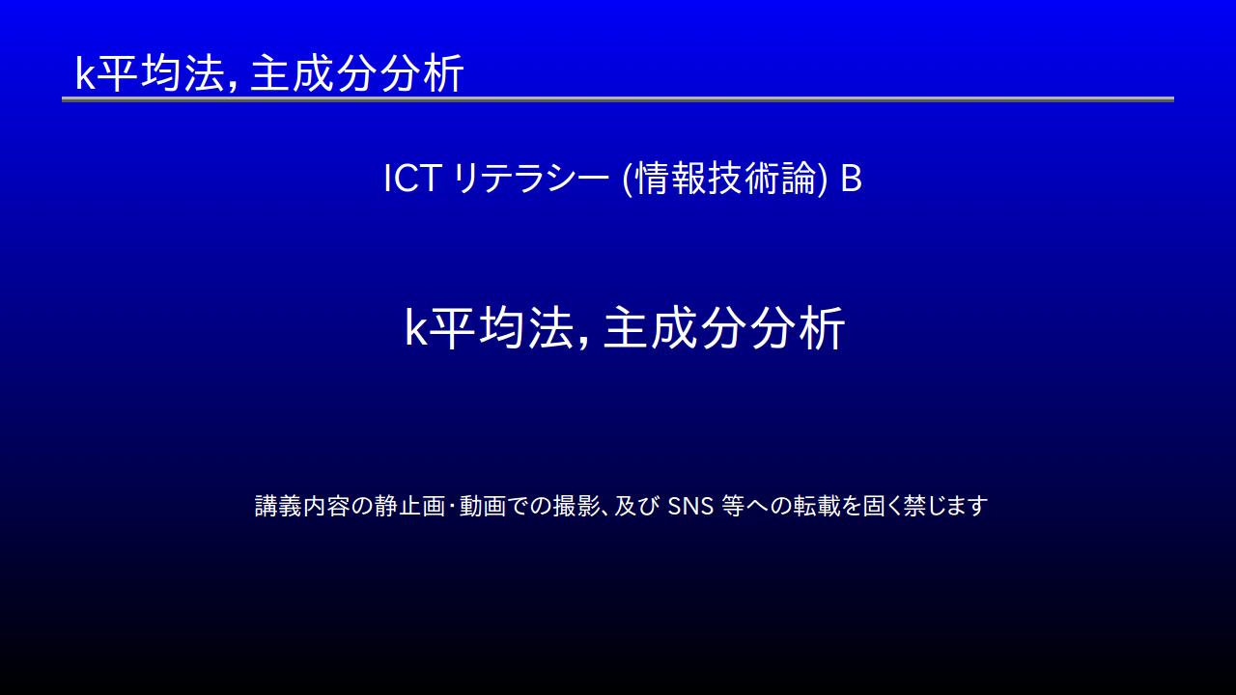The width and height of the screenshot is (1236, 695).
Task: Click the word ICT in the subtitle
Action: (411, 179)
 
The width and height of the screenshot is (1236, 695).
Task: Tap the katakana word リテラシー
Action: (530, 179)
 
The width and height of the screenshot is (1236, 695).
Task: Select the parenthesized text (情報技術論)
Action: (724, 179)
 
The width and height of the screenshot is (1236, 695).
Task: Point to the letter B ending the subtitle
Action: (851, 179)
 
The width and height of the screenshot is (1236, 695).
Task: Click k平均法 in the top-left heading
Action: (149, 73)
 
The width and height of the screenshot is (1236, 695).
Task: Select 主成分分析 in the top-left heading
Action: (356, 73)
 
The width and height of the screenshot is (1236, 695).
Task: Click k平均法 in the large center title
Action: (489, 327)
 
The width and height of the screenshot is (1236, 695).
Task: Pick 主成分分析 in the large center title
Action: (724, 327)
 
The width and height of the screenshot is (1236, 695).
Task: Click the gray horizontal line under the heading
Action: (618, 99)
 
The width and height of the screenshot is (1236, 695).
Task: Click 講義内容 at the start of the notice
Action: (302, 506)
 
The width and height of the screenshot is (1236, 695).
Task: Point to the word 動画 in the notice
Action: (482, 506)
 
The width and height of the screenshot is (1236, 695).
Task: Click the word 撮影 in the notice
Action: (576, 506)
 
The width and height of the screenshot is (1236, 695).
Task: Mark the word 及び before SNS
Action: (636, 506)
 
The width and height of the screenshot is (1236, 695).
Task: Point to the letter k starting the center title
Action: (416, 329)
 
